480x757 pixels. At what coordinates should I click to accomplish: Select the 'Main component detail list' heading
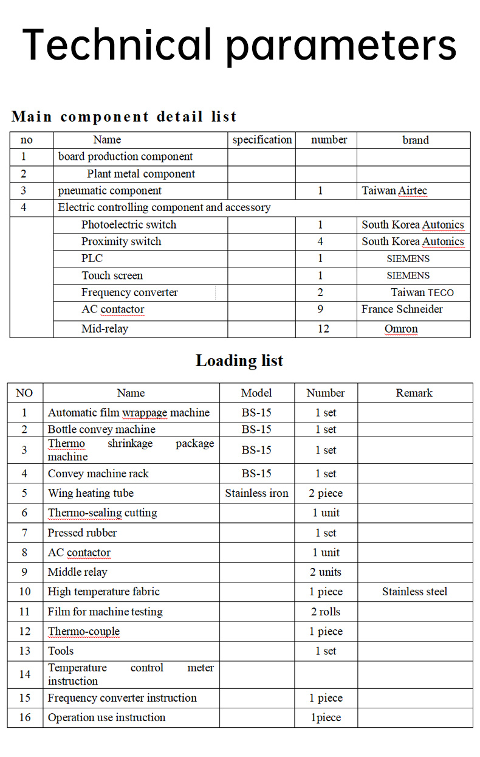[124, 116]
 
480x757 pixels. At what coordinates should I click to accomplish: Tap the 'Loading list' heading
[239, 361]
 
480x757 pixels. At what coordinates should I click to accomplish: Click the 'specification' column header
[262, 140]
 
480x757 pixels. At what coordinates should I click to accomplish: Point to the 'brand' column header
[416, 140]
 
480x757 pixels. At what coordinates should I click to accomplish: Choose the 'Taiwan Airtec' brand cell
[394, 191]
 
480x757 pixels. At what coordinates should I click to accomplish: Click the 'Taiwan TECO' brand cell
[422, 292]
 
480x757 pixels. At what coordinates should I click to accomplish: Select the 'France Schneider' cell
[402, 309]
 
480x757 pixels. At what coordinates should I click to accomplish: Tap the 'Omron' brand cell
[401, 329]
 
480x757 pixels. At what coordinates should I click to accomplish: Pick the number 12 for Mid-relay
[323, 329]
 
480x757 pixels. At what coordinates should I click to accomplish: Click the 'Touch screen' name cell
[112, 275]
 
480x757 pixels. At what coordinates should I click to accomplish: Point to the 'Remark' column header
[414, 393]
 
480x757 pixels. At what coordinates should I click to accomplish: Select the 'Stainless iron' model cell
[256, 493]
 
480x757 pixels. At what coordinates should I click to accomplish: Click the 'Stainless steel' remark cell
[414, 592]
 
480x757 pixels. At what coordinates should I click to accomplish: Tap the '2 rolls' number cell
[326, 612]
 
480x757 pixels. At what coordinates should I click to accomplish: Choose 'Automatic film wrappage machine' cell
[129, 413]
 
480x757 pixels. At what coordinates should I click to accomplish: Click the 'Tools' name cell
[61, 651]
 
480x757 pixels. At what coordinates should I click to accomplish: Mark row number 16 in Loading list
[24, 717]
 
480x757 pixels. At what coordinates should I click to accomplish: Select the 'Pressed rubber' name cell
[82, 533]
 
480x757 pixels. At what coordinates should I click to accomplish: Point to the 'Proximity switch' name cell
[122, 241]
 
